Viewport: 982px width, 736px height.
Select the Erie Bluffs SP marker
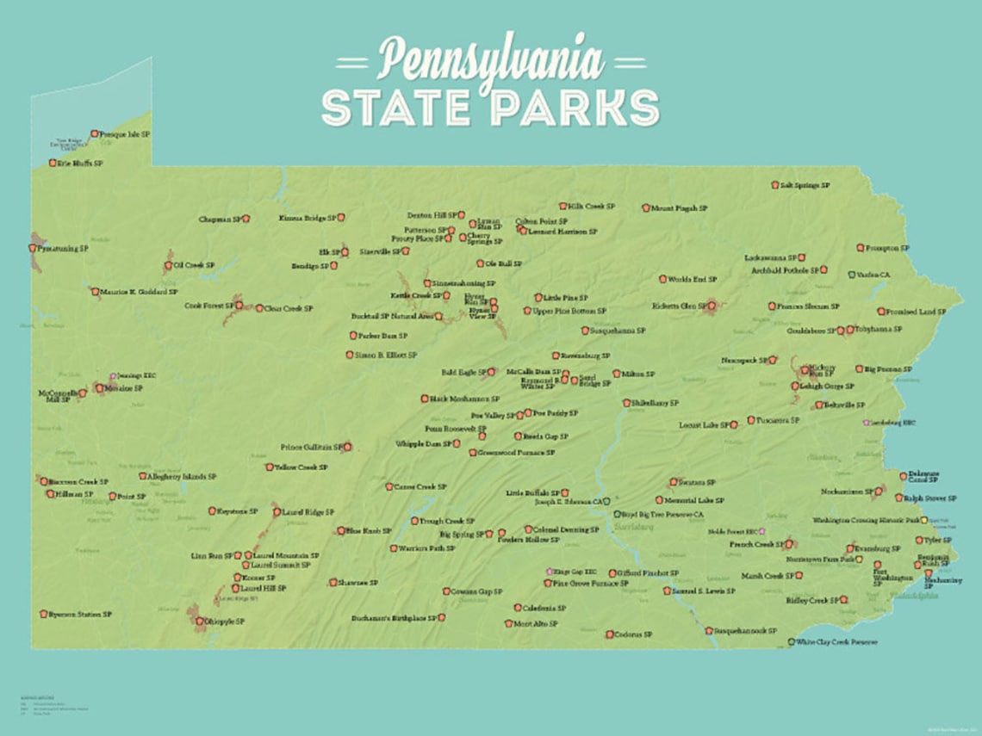tap(53, 163)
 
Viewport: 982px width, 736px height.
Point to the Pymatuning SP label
tap(64, 249)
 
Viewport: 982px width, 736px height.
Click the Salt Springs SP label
tap(805, 185)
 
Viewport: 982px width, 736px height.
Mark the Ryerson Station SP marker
tap(43, 615)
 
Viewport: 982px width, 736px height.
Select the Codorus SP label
tap(630, 635)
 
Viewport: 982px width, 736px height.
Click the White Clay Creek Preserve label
tap(837, 642)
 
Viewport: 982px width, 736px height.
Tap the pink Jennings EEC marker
tap(113, 376)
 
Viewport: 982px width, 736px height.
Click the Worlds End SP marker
tap(662, 279)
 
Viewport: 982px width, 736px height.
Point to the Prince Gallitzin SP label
tap(311, 448)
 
